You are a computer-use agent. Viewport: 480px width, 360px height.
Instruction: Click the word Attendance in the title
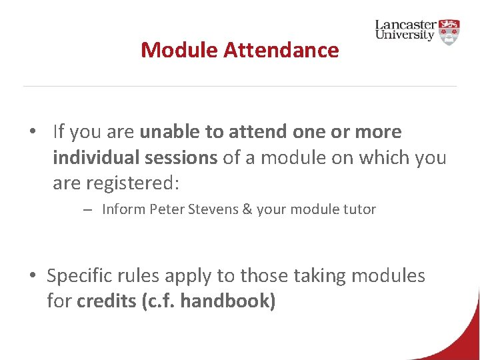tap(281, 50)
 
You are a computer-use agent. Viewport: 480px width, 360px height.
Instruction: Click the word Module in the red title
tap(179, 50)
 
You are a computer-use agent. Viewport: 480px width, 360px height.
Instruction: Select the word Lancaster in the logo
tap(406, 25)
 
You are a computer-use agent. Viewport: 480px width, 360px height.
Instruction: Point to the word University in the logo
tap(405, 35)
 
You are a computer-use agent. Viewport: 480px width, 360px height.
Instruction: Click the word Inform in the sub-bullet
tap(123, 209)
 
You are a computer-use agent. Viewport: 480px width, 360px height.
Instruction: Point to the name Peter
tap(167, 209)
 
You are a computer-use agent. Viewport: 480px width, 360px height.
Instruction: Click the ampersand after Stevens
tap(247, 209)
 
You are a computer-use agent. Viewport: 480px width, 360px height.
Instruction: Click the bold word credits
tap(107, 301)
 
